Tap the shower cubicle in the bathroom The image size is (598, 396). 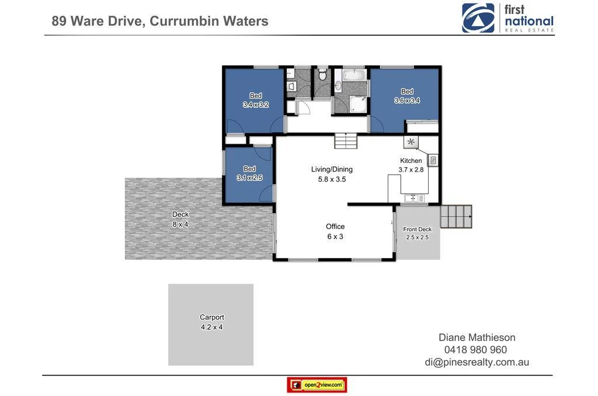point(358,103)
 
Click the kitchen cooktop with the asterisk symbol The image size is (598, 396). point(411,142)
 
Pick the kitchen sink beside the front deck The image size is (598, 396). point(416,199)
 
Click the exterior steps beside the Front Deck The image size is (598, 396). point(456,217)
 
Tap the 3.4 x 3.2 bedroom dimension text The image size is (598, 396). point(256,105)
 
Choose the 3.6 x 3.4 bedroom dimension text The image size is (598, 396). point(407,100)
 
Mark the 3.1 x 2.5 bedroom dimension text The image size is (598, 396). point(249,178)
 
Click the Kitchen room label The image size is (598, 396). point(411,161)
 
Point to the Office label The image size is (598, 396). point(335,227)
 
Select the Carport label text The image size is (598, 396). point(211,318)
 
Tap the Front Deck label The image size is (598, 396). point(417,230)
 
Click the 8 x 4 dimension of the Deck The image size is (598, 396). point(180,224)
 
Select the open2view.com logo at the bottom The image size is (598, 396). point(317,385)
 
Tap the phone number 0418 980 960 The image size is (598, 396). point(477,350)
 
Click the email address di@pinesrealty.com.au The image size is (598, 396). point(477,362)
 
